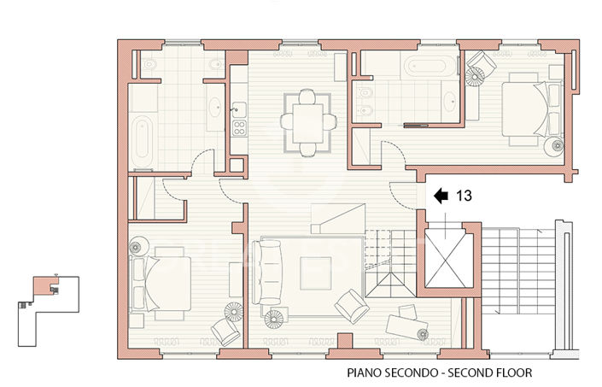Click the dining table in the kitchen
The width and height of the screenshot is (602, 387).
tap(307, 121)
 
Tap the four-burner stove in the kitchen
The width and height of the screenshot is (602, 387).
tap(238, 130)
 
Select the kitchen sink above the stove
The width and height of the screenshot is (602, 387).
tap(238, 108)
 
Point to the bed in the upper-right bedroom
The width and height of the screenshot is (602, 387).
tap(524, 111)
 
